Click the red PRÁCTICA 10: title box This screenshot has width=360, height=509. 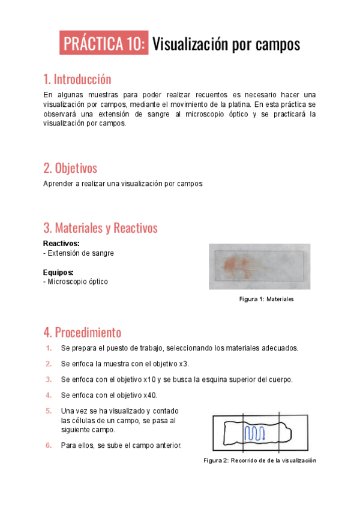pyautogui.click(x=104, y=44)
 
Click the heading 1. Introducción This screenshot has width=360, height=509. pyautogui.click(x=77, y=79)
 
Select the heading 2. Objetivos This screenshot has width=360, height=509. pyautogui.click(x=70, y=167)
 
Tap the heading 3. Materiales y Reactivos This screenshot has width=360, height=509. pyautogui.click(x=100, y=228)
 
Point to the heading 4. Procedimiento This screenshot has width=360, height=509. pyautogui.click(x=82, y=332)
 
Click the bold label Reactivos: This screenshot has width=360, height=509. pyautogui.click(x=61, y=244)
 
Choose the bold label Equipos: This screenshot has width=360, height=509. pyautogui.click(x=58, y=272)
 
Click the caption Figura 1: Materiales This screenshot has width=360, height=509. pyautogui.click(x=266, y=299)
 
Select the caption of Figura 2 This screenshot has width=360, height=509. pyautogui.click(x=259, y=460)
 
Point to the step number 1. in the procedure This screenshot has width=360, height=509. pyautogui.click(x=49, y=348)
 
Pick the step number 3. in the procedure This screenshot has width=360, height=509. pyautogui.click(x=49, y=379)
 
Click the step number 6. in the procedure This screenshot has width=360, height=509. pyautogui.click(x=49, y=445)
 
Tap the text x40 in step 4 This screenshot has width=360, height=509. pyautogui.click(x=150, y=395)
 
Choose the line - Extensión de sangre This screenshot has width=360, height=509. pyautogui.click(x=79, y=253)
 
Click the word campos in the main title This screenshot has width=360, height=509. pyautogui.click(x=278, y=44)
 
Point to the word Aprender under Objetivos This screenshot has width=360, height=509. pyautogui.click(x=58, y=184)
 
